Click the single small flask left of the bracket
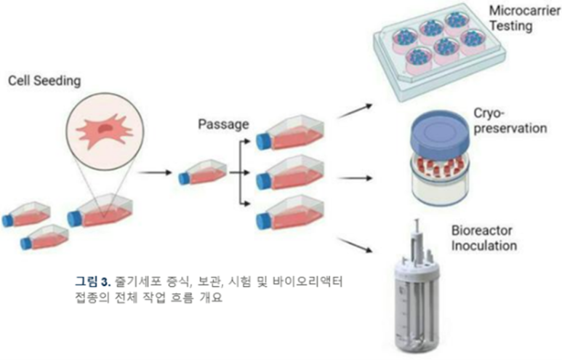point(204,173)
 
